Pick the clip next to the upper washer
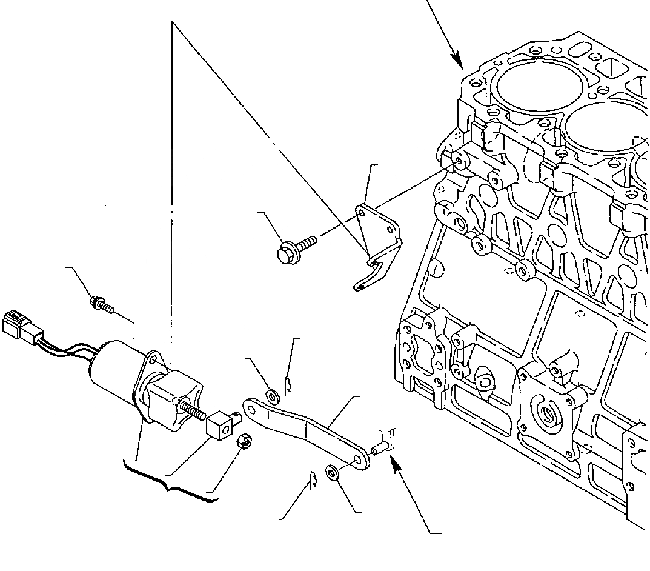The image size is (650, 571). tap(289, 383)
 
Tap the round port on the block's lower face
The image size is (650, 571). tap(551, 415)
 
